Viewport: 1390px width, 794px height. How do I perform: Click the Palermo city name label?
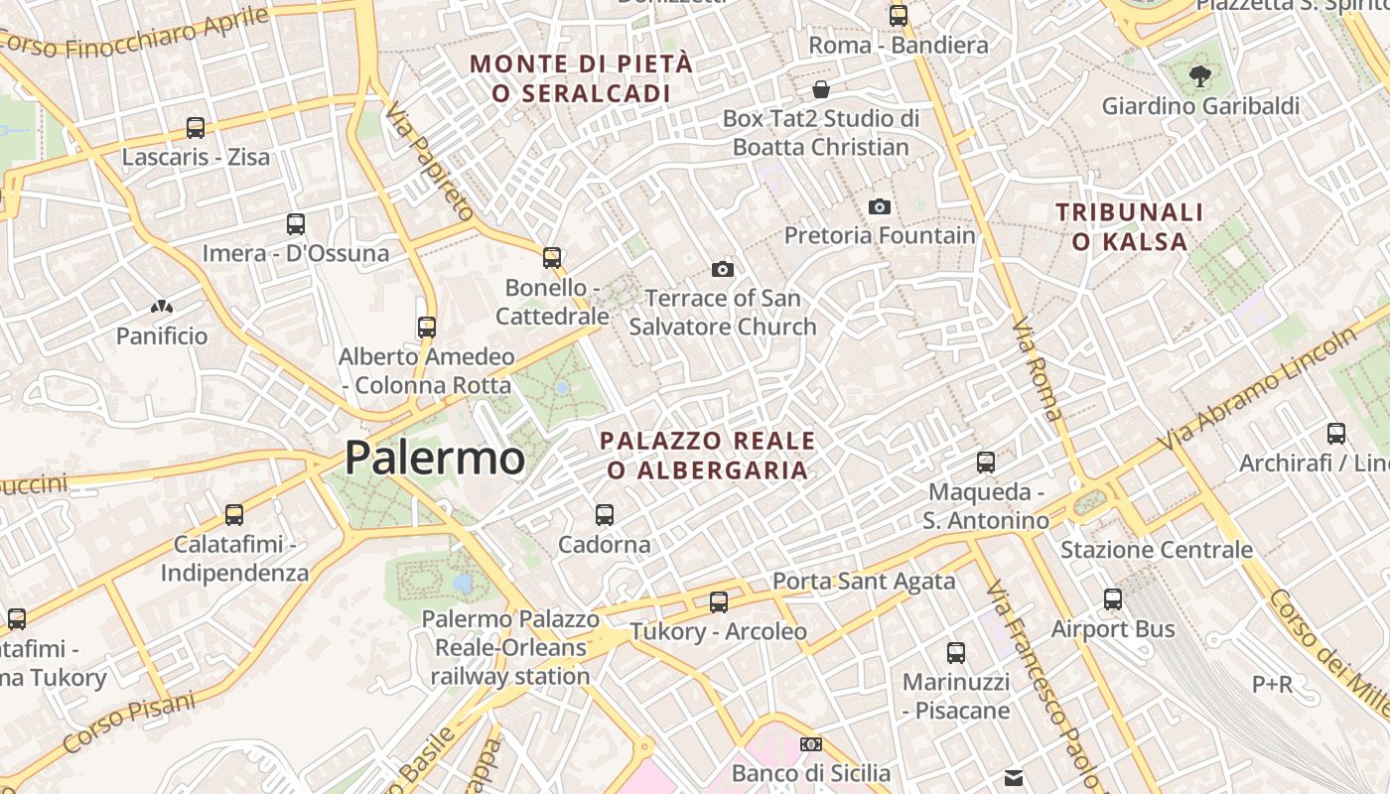tap(435, 458)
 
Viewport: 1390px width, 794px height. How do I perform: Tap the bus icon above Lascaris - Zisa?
tap(196, 128)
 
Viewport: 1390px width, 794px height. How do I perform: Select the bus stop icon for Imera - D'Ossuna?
tap(295, 224)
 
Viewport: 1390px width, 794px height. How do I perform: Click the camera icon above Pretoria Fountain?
tap(879, 206)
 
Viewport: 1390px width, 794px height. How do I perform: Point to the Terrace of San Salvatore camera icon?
tap(723, 269)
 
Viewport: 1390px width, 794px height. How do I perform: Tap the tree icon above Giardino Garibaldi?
tap(1200, 75)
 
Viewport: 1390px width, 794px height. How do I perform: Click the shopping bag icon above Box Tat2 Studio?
tap(821, 89)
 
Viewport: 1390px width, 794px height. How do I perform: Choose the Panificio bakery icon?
tap(162, 307)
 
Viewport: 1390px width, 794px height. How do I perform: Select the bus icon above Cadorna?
tap(604, 515)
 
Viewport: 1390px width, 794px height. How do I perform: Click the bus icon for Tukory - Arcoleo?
tap(718, 602)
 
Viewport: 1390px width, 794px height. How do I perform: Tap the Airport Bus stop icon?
tap(1113, 599)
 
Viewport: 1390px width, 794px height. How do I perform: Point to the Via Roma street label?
tap(1039, 369)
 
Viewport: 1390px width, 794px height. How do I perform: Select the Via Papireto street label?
tap(430, 161)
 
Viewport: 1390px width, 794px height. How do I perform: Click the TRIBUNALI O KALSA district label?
tap(1130, 226)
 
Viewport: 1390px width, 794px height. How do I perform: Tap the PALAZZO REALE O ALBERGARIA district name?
tap(708, 455)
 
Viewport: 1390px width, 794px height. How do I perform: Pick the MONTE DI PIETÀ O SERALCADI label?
tap(581, 78)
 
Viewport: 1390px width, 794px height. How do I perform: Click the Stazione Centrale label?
tap(1157, 550)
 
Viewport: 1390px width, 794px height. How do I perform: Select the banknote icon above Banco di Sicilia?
tap(811, 744)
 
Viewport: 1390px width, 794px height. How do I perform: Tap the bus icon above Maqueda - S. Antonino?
tap(985, 463)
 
